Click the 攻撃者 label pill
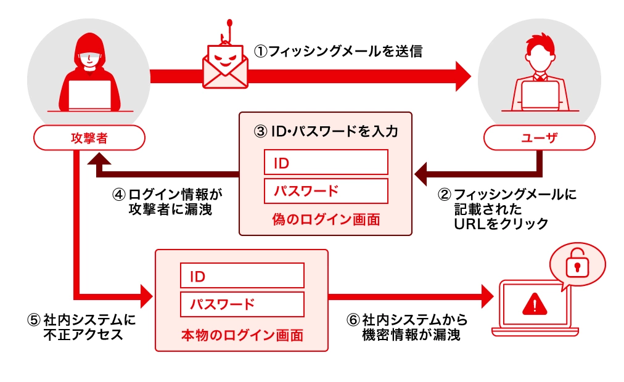pos(89,138)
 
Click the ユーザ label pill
pos(539,138)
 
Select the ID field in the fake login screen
pos(326,163)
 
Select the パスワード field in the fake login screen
pos(326,191)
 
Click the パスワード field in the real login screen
pos(242,304)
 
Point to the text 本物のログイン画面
pos(242,336)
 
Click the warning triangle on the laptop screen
pos(534,304)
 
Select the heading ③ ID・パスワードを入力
pos(326,131)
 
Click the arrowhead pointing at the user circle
pos(461,75)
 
